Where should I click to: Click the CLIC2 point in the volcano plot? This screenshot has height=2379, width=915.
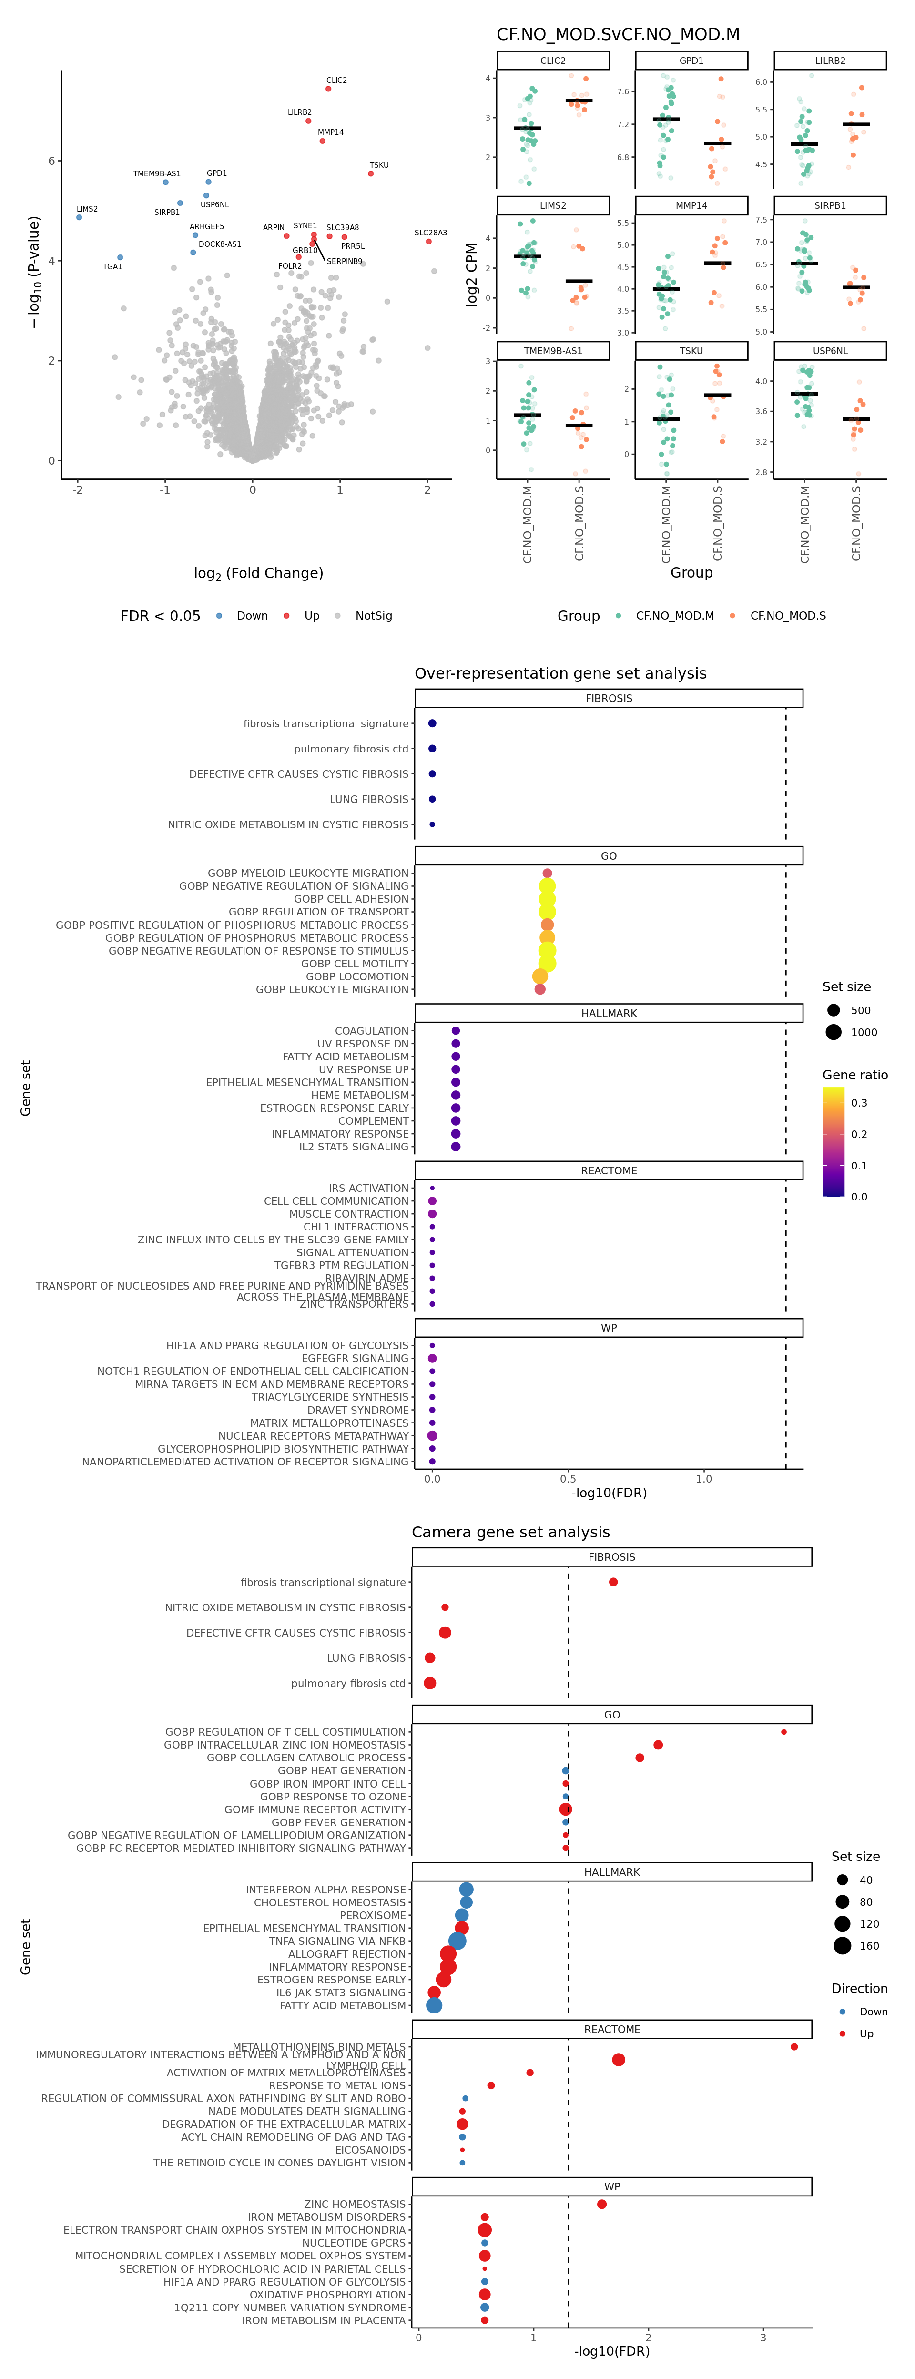pyautogui.click(x=328, y=89)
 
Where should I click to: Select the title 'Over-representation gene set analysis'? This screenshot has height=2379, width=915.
pyautogui.click(x=560, y=673)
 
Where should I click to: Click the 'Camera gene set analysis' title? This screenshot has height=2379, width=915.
pyautogui.click(x=510, y=1532)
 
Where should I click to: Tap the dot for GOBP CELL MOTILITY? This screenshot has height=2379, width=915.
pyautogui.click(x=547, y=963)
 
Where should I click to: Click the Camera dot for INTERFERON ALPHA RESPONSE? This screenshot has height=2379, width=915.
pyautogui.click(x=466, y=1890)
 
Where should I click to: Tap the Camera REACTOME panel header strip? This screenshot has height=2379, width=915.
pyautogui.click(x=611, y=2029)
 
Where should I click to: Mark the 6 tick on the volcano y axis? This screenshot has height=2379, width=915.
pyautogui.click(x=51, y=161)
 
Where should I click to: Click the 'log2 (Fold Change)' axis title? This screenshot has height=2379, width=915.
pyautogui.click(x=258, y=573)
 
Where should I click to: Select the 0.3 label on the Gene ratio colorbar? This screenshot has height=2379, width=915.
pyautogui.click(x=859, y=1103)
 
